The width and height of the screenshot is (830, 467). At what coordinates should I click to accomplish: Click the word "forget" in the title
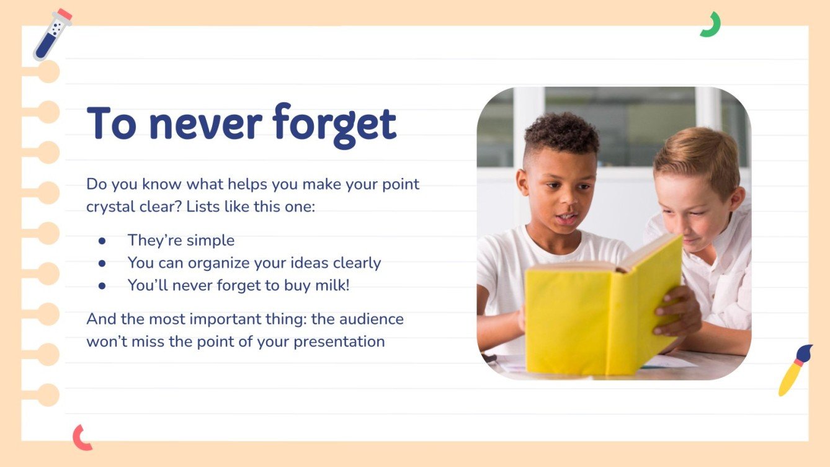(x=335, y=124)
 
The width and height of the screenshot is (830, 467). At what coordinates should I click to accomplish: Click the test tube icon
(x=52, y=35)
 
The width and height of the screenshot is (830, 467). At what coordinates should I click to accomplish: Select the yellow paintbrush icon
(x=795, y=370)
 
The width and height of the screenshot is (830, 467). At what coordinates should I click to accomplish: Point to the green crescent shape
(x=712, y=25)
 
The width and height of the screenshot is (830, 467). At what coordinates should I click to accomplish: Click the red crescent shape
(x=81, y=437)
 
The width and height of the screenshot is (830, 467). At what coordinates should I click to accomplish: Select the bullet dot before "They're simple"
(x=102, y=241)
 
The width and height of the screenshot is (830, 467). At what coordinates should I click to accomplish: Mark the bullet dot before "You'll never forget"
(x=102, y=285)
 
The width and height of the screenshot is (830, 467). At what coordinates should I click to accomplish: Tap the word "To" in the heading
(x=113, y=123)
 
